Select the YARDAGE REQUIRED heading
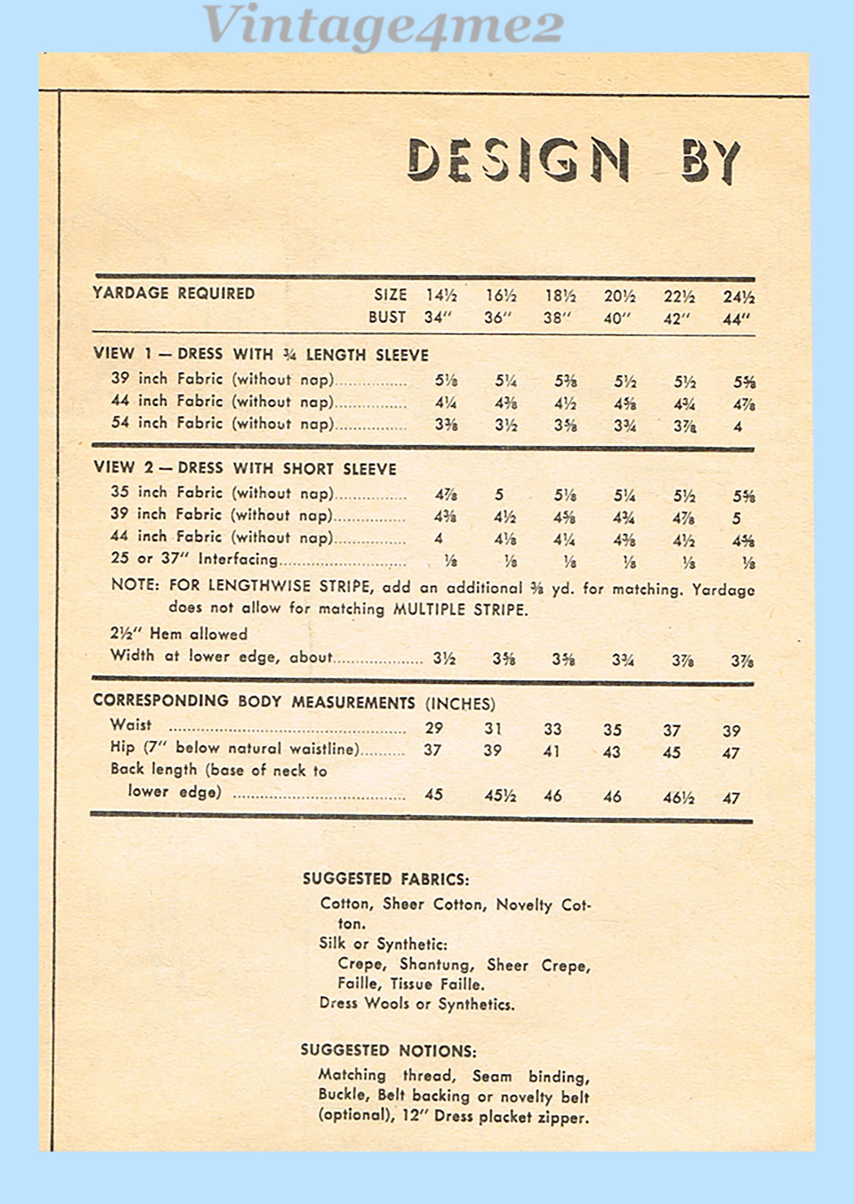click(173, 293)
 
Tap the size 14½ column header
click(441, 295)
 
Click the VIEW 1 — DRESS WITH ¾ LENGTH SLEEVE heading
click(261, 354)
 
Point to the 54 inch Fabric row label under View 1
click(222, 423)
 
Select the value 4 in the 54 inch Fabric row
click(738, 427)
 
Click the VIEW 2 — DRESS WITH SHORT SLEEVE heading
click(245, 469)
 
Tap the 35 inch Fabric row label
click(222, 493)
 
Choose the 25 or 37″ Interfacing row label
click(194, 558)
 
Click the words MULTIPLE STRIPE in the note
click(460, 609)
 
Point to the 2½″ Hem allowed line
click(179, 634)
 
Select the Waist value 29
click(434, 728)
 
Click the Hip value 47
click(731, 753)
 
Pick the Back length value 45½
click(500, 795)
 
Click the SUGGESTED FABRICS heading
click(386, 879)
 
